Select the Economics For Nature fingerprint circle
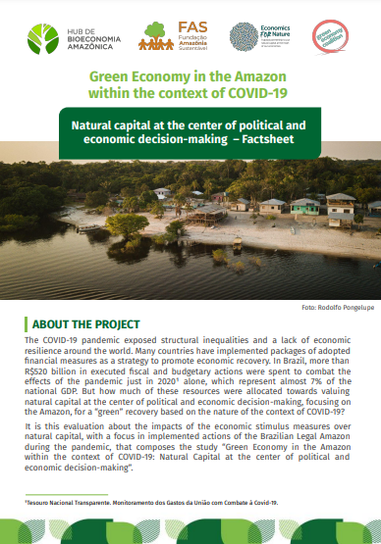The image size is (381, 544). pos(244,38)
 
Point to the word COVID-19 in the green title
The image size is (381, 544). pos(256,94)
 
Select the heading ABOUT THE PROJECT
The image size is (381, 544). pos(86,323)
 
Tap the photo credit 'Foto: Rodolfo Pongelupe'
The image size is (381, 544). pos(337,308)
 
